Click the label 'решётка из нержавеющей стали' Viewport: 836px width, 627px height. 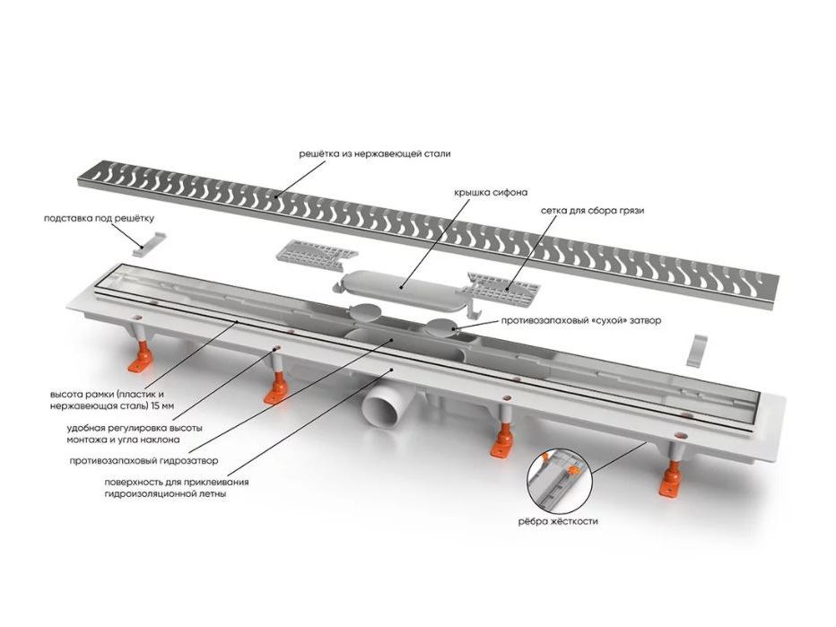click(x=375, y=154)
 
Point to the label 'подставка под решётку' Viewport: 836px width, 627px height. click(x=100, y=218)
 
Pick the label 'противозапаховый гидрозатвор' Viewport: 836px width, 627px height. click(x=144, y=461)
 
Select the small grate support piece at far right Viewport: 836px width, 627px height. click(x=700, y=349)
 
